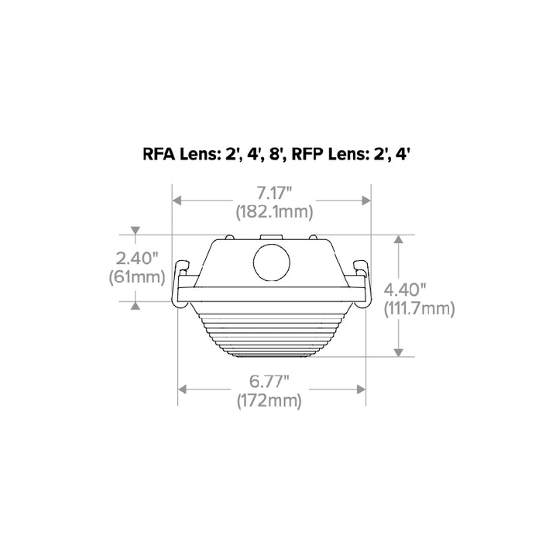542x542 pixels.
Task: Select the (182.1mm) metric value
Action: pos(270,211)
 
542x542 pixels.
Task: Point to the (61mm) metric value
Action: pos(135,276)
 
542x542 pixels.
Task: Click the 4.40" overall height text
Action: pos(405,290)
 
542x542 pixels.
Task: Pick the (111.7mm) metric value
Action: pos(419,308)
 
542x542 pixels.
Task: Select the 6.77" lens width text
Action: pos(270,382)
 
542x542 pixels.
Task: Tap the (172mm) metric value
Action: pos(270,400)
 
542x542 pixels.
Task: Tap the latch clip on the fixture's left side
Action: pos(182,274)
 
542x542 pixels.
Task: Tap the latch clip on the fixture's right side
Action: pos(361,274)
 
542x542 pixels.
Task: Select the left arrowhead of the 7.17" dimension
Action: pos(177,201)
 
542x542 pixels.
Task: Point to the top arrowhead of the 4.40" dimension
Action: pos(399,240)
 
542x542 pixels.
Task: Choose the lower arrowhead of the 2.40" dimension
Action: pos(135,304)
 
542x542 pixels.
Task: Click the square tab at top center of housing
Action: pos(271,237)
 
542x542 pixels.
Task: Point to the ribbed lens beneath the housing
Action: pos(271,333)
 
